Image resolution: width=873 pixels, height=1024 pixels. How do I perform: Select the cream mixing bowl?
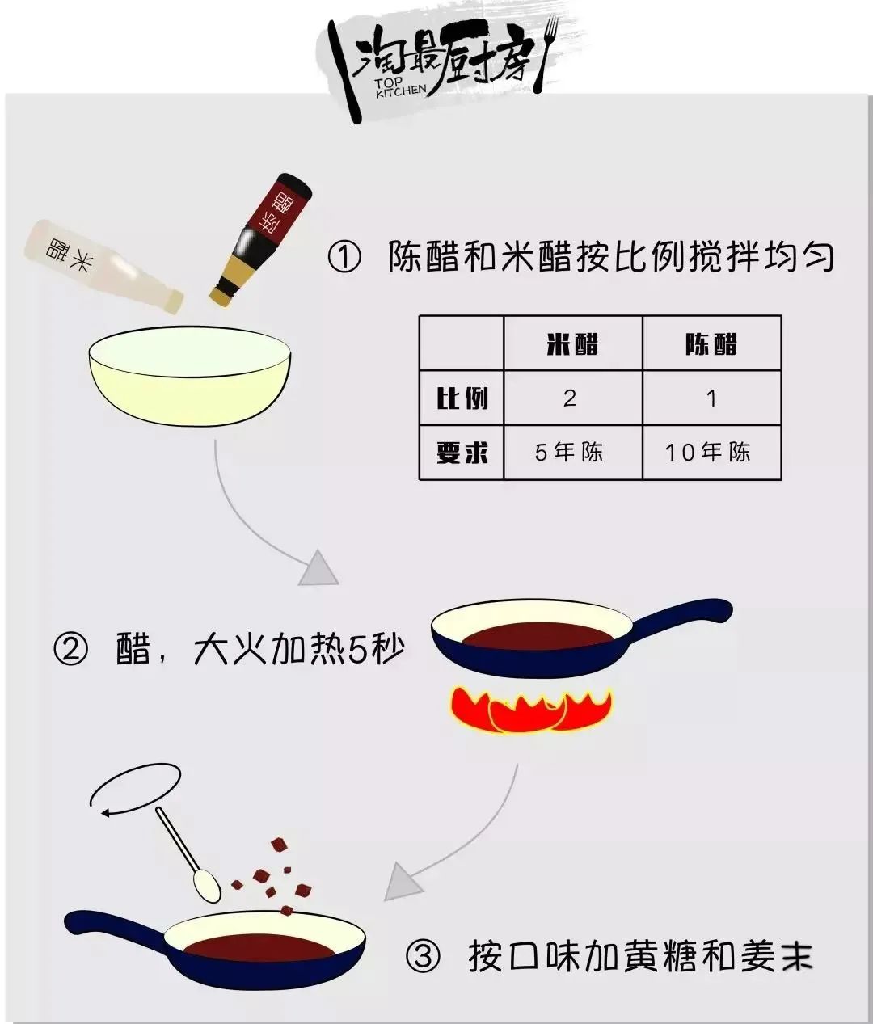pos(190,376)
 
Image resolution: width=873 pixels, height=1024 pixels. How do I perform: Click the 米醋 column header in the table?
pos(572,343)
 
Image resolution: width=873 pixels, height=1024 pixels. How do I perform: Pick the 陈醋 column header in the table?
pos(711,343)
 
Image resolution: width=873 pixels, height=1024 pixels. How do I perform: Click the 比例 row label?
pos(462,398)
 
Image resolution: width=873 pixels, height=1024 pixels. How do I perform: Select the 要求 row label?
pos(462,453)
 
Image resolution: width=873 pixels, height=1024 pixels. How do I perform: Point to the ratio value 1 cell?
pos(712,398)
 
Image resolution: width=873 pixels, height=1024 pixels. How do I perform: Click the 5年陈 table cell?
pos(569,453)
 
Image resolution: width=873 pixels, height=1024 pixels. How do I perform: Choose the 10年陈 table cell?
pos(707,453)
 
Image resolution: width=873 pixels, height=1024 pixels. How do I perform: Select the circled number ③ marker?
pos(423,956)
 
